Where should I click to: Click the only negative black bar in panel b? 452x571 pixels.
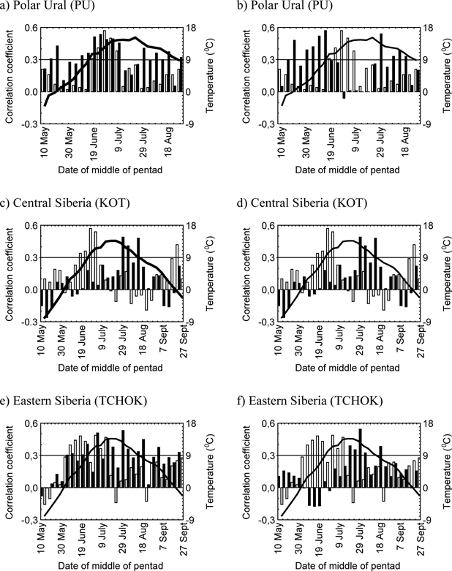pyautogui.click(x=344, y=96)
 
